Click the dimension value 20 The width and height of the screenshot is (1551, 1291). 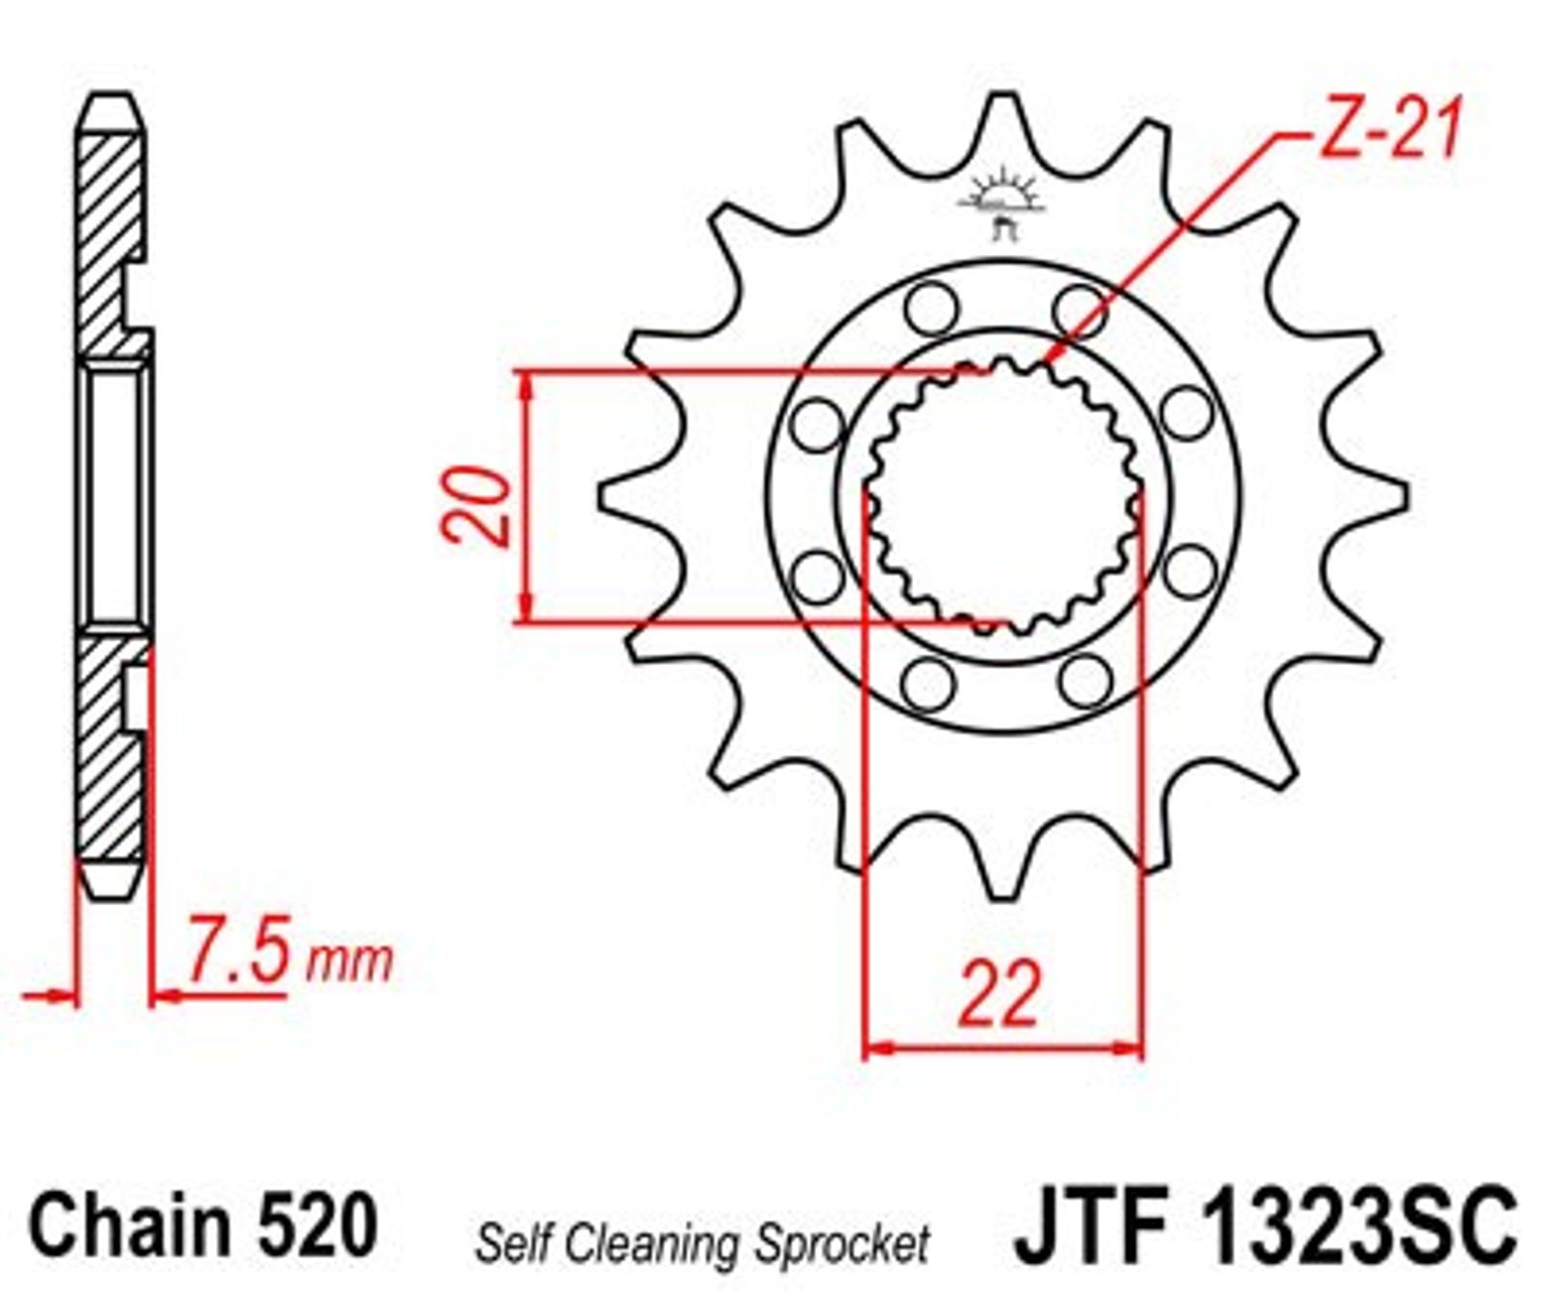coord(475,505)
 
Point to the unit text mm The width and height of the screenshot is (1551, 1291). coord(349,960)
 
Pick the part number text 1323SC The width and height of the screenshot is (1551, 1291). coord(1357,1222)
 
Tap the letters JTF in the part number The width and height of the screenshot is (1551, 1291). coord(1091,1222)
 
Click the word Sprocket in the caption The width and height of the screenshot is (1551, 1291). coord(842,1244)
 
